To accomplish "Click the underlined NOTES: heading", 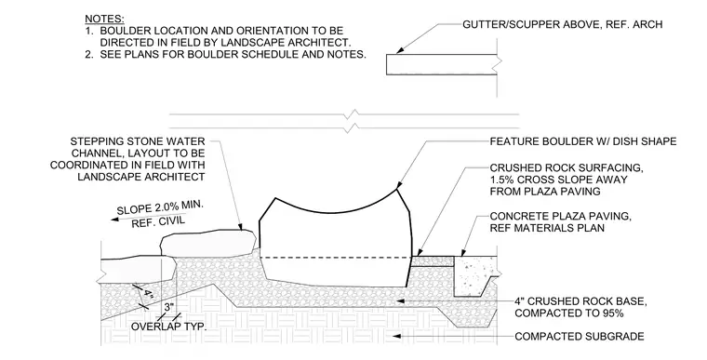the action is pos(104,20).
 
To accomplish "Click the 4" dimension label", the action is pos(149,296).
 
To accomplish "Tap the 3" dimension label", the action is pos(168,308).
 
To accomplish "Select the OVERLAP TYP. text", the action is pos(168,327).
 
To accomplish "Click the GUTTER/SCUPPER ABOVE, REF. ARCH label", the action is pos(562,24).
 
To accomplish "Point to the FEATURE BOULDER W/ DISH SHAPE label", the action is pos(583,141).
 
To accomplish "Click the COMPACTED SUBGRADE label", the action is pos(580,337).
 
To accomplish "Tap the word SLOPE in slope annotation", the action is pos(132,209).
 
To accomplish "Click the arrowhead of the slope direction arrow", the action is pos(115,220).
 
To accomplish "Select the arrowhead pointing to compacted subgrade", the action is pos(397,336).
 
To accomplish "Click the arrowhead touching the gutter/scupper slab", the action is pos(399,51).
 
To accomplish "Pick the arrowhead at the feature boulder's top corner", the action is pos(398,185).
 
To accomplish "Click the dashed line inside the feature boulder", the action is pos(337,258).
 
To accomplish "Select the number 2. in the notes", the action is pos(89,55).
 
